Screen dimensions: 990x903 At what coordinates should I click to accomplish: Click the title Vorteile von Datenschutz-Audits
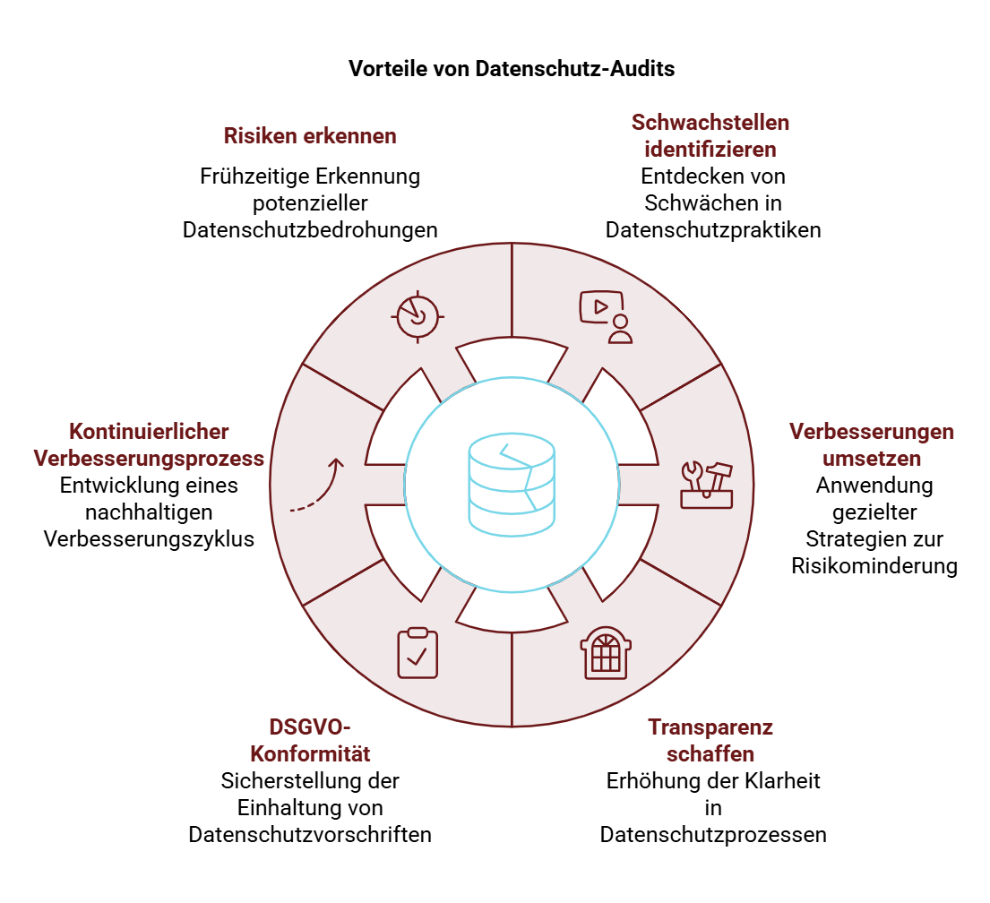click(512, 68)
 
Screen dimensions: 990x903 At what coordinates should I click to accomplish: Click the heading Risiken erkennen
click(310, 136)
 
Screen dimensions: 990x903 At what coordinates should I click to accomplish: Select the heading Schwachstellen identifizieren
click(710, 136)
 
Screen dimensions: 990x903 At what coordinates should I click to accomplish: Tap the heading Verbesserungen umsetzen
click(872, 444)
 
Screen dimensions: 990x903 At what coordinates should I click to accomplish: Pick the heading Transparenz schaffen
click(710, 740)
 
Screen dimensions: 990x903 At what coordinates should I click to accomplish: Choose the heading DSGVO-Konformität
click(310, 740)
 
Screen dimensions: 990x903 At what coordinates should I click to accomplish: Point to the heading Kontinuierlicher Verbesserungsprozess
click(149, 444)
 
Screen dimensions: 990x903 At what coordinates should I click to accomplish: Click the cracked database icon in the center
click(512, 485)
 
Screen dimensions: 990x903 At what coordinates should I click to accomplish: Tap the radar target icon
click(418, 316)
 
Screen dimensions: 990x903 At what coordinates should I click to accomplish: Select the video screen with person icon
click(606, 316)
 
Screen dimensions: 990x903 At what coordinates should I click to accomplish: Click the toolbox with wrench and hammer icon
click(707, 485)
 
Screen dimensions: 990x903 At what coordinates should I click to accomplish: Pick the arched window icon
click(606, 654)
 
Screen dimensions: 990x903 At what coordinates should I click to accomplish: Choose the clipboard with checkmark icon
click(418, 654)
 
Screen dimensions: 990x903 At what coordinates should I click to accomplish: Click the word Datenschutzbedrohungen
click(310, 230)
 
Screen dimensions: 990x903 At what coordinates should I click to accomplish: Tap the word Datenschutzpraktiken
click(713, 230)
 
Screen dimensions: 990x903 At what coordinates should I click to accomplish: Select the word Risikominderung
click(874, 565)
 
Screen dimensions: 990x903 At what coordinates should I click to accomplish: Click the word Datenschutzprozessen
click(713, 834)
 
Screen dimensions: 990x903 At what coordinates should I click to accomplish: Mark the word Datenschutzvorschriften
click(310, 834)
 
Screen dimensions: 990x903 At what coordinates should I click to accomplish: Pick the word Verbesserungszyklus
click(149, 538)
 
